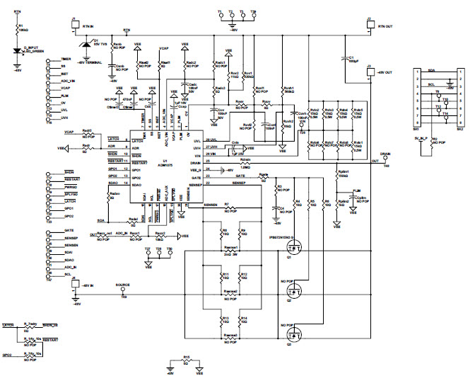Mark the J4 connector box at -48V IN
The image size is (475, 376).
tap(76, 283)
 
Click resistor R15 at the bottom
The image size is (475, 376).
tap(186, 363)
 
